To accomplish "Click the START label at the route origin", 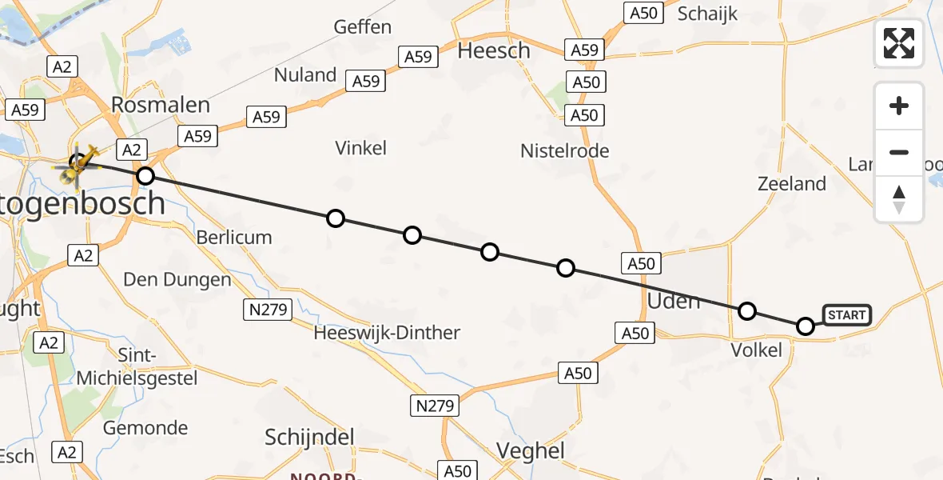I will pyautogui.click(x=846, y=315).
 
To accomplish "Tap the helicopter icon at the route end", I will pyautogui.click(x=77, y=165).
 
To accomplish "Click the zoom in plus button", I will pyautogui.click(x=899, y=106).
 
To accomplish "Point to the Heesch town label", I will pyautogui.click(x=493, y=50).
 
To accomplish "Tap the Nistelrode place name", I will pyautogui.click(x=564, y=150).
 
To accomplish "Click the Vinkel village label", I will pyautogui.click(x=361, y=148).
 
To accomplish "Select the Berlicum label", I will pyautogui.click(x=234, y=237).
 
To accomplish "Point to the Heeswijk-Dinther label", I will pyautogui.click(x=387, y=333).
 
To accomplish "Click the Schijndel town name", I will pyautogui.click(x=309, y=437).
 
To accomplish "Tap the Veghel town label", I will pyautogui.click(x=531, y=450).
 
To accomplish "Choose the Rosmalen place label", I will pyautogui.click(x=161, y=105).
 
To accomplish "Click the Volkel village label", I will pyautogui.click(x=757, y=350).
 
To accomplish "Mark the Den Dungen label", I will pyautogui.click(x=177, y=280).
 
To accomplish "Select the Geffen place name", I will pyautogui.click(x=363, y=27).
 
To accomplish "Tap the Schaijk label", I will pyautogui.click(x=707, y=14).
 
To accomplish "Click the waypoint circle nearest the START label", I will pyautogui.click(x=806, y=326).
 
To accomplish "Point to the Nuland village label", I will pyautogui.click(x=305, y=75).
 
